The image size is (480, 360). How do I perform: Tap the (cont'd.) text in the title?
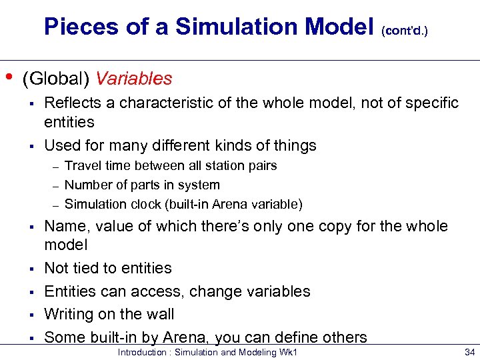coord(405,30)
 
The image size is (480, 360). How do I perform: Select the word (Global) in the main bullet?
coord(57,79)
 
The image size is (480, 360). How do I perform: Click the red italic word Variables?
coord(134,79)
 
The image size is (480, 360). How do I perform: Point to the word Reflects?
coord(71,103)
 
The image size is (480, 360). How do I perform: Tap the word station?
coord(232,165)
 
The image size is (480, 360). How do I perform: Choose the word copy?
coord(347,226)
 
